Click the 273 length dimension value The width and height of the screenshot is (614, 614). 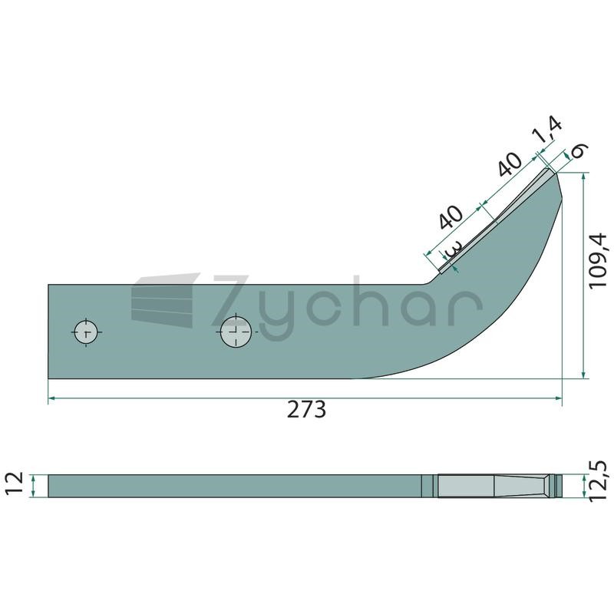point(306,410)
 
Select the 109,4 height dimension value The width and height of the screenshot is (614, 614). point(598,261)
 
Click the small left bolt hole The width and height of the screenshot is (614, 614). point(86,332)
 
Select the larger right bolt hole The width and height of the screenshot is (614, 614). point(236,332)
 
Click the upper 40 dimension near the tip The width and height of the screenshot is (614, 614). point(510,163)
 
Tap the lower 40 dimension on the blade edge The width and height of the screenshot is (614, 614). point(451,216)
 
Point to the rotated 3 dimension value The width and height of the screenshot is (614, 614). point(454,249)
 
